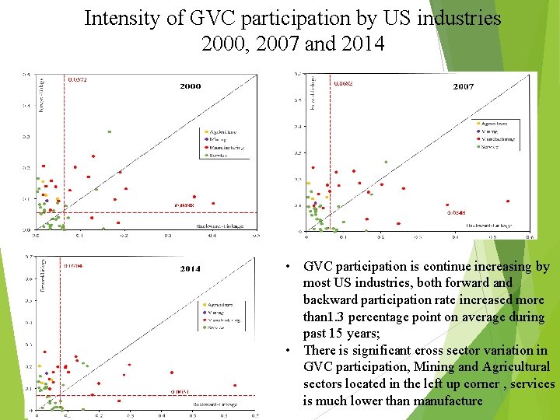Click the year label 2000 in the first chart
tap(190, 86)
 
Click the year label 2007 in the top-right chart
tap(463, 87)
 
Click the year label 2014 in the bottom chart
tap(191, 269)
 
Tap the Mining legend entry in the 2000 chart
tap(217, 139)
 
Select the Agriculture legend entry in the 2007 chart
tap(495, 124)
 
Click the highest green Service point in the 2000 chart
tap(110, 132)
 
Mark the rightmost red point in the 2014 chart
tap(234, 383)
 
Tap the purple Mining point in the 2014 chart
tap(47, 373)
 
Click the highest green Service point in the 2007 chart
tap(385, 163)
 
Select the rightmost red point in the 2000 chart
tap(194, 197)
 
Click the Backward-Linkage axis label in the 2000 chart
tap(219, 226)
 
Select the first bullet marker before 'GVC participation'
tap(288, 267)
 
